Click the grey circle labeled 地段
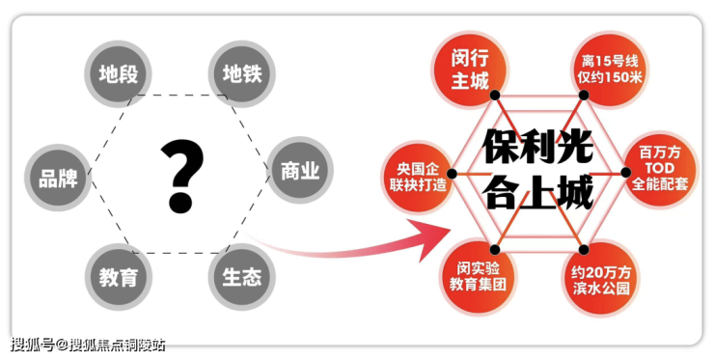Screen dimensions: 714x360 [118, 73]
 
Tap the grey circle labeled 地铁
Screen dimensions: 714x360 [242, 73]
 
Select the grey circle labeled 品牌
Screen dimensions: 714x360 [58, 178]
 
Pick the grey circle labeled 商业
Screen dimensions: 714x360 [300, 171]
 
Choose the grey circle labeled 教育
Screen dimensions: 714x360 [119, 277]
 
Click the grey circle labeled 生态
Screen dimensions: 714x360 [242, 277]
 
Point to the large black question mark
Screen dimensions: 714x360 [181, 176]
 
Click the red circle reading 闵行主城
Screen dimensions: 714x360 [470, 69]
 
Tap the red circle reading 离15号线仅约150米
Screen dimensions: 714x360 [609, 69]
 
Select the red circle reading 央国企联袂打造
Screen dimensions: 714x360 [418, 177]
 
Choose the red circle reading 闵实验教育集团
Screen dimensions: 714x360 [478, 276]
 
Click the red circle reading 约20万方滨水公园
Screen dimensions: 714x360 [601, 279]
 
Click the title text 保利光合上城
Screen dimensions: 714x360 [537, 169]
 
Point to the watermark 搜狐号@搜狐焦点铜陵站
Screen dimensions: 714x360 [88, 345]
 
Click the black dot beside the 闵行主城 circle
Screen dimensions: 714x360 [495, 96]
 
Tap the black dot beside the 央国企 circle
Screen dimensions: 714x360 [452, 174]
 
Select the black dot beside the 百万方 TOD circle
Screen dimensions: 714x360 [626, 172]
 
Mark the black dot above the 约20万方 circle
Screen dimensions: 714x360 [584, 249]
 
